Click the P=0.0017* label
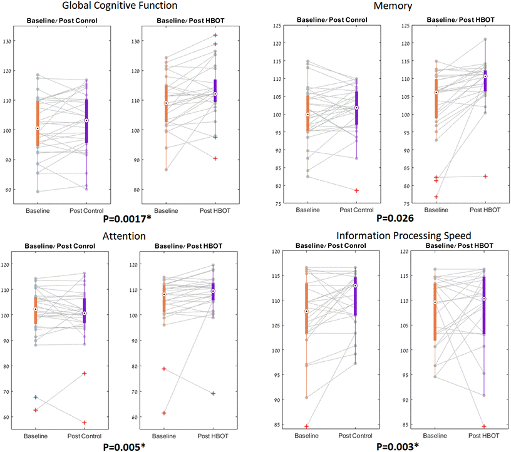(x=129, y=220)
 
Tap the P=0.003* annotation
(x=397, y=447)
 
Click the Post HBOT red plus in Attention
(x=214, y=393)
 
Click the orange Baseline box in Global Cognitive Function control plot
(x=37, y=123)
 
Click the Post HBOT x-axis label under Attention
(x=214, y=436)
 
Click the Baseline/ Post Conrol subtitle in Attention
(x=61, y=246)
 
